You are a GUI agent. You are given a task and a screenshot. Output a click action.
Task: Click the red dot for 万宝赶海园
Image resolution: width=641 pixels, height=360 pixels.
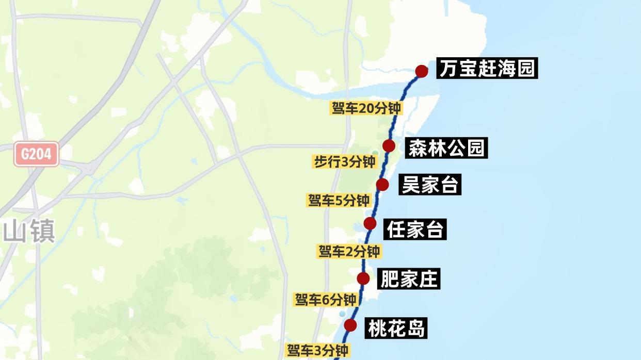point(422,71)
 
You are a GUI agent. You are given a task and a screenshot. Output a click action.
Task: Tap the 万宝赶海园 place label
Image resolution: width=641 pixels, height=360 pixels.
point(487,69)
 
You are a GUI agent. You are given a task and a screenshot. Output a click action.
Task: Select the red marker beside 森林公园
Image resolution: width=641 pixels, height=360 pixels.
point(389,146)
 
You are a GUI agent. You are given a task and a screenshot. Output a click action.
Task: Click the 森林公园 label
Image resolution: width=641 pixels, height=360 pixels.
point(446,148)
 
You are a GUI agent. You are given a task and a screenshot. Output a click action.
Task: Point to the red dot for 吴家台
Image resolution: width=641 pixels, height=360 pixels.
point(382,185)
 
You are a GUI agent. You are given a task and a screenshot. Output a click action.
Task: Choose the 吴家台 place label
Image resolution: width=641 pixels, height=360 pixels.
point(430,185)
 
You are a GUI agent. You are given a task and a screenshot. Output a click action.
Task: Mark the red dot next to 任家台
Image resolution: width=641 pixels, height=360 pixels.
point(370,223)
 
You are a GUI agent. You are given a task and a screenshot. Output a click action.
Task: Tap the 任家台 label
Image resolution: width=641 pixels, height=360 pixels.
point(415,230)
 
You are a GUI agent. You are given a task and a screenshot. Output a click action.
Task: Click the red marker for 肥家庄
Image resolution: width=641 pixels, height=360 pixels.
point(363,279)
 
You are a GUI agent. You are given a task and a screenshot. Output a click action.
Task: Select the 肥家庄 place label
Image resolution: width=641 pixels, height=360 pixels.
point(408,279)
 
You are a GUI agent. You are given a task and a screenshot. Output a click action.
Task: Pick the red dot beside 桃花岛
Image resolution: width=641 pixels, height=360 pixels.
point(350,325)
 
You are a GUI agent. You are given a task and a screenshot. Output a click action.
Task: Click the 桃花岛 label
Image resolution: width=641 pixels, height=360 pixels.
point(396,328)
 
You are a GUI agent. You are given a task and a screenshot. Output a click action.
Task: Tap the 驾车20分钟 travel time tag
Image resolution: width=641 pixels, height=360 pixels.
point(366,108)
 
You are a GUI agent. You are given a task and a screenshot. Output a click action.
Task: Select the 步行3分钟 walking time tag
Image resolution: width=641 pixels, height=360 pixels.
point(344,162)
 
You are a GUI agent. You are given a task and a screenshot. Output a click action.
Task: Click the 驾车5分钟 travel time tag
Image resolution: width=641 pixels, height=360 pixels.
point(339,200)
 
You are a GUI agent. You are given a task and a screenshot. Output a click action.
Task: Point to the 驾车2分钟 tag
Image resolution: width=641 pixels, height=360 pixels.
point(349,252)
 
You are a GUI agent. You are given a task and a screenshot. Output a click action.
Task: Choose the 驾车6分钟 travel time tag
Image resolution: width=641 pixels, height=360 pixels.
point(325,300)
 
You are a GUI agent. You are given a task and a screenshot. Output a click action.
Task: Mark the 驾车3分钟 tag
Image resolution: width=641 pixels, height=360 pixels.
point(317,350)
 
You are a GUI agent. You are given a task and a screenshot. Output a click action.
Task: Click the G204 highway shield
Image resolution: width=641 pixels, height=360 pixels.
point(36,154)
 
